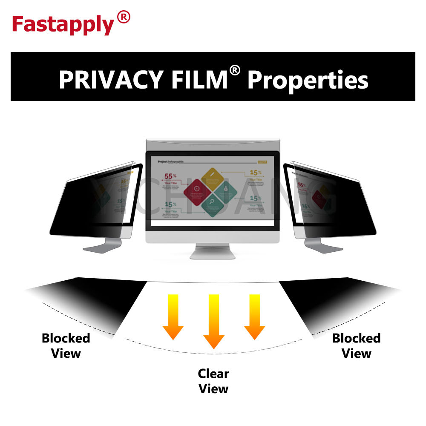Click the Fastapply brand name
point(63,25)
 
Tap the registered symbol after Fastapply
point(123,18)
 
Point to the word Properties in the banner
point(308,80)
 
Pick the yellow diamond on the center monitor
point(212,177)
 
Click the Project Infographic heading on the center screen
point(170,162)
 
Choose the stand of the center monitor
point(213,251)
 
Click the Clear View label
point(213,381)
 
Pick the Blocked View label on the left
point(66,345)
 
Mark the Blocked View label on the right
point(357,345)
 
